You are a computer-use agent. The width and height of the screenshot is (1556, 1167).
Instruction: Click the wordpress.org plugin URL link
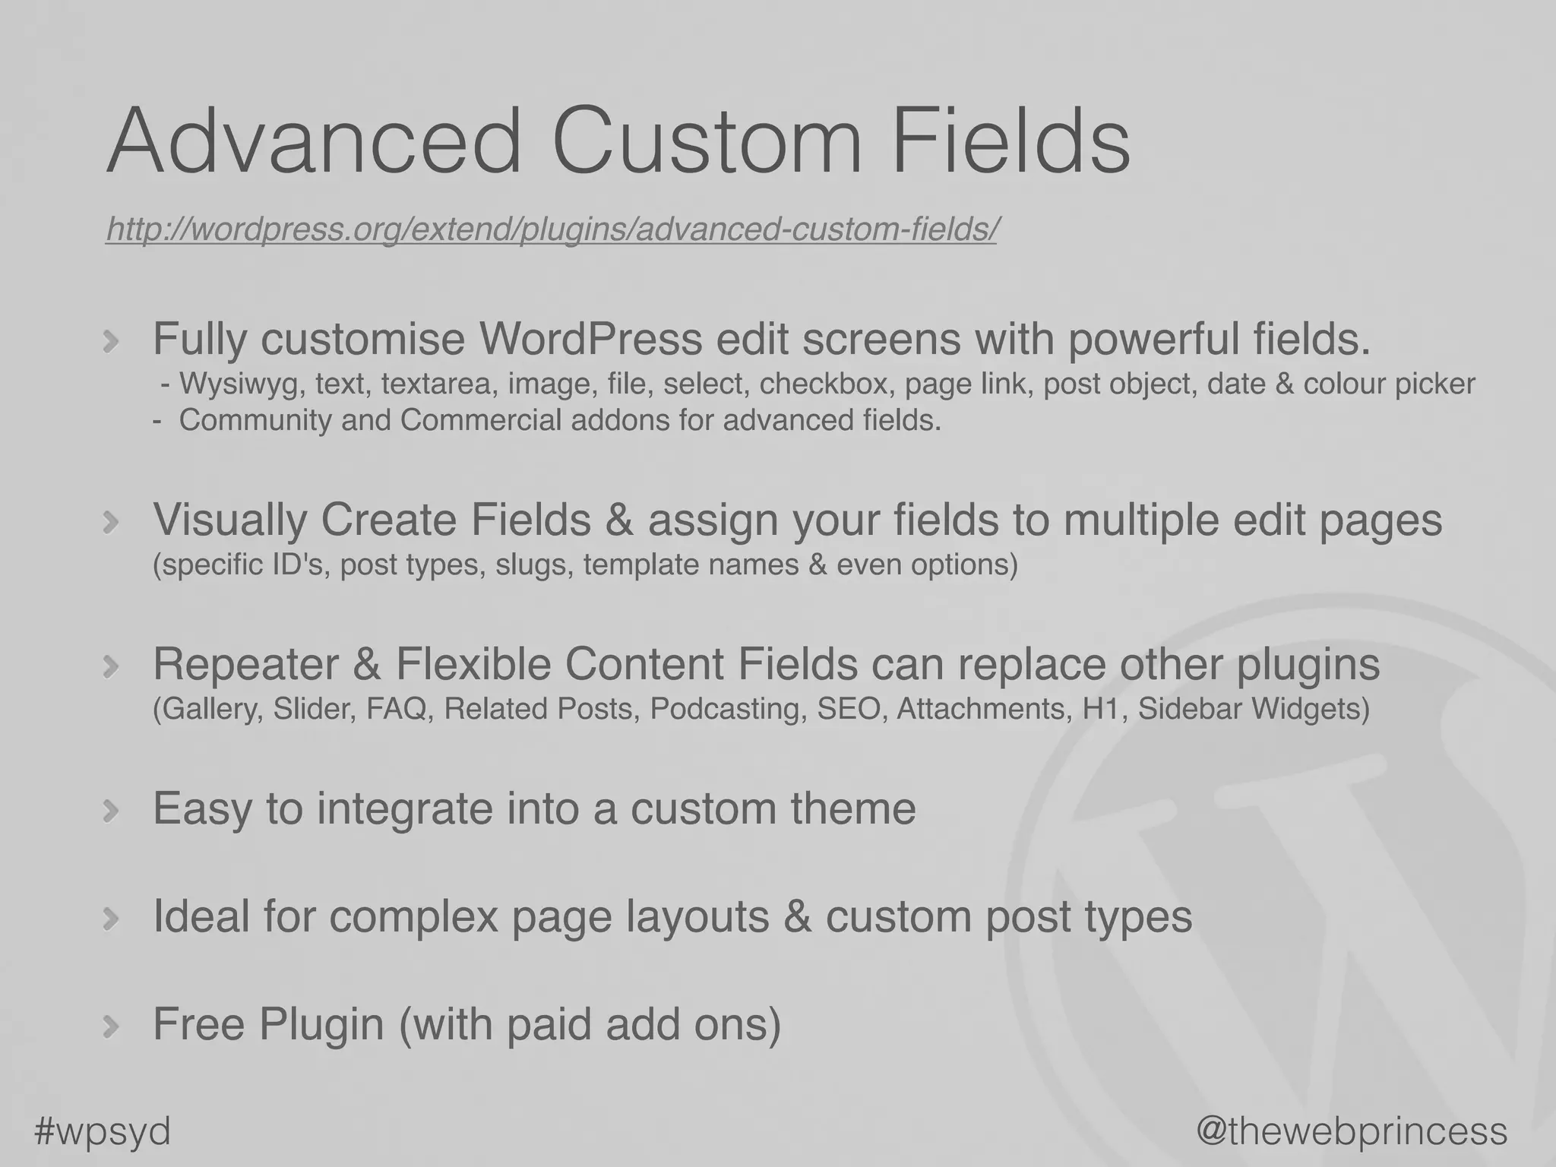click(551, 229)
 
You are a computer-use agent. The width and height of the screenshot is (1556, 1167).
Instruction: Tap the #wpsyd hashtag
click(103, 1131)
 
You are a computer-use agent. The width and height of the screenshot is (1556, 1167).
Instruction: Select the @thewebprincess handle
click(1352, 1131)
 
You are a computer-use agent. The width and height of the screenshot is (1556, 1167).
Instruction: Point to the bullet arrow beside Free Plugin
click(111, 1026)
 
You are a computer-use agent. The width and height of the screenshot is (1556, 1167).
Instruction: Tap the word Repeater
click(245, 664)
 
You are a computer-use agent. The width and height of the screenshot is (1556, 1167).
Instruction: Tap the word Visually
click(229, 520)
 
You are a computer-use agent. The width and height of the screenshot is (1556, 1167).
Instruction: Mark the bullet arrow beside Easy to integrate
click(111, 811)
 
